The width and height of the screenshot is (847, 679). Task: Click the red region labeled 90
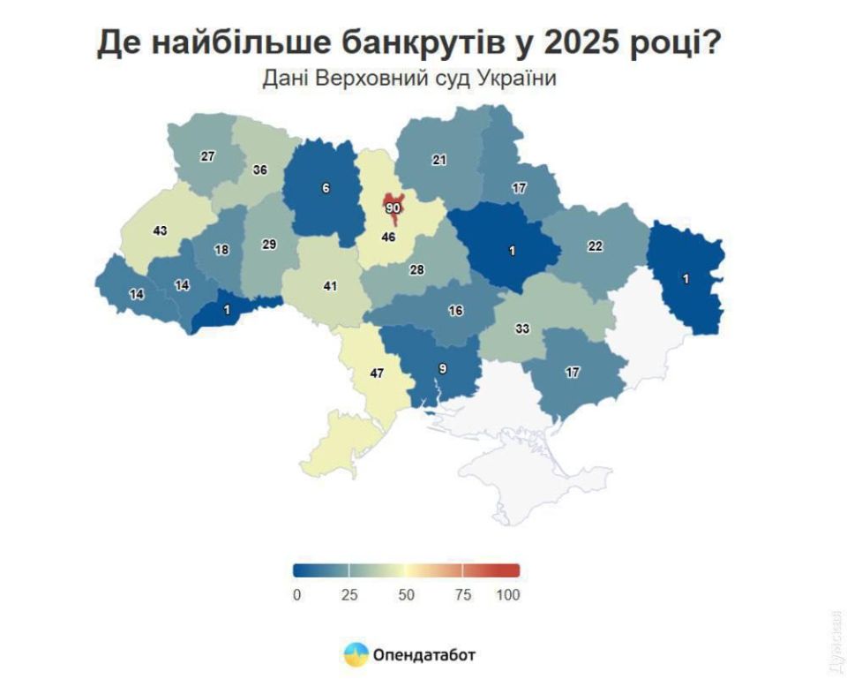coord(393,207)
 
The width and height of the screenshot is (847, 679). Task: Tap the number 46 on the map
coord(387,238)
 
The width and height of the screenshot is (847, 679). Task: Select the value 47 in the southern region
coord(377,373)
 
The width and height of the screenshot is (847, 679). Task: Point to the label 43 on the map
coord(160,230)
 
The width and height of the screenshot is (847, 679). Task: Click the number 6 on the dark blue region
coord(326,188)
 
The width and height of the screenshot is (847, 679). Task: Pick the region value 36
coord(260,170)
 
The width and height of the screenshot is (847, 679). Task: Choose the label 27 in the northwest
coord(207,156)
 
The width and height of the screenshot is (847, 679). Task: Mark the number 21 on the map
coord(439,160)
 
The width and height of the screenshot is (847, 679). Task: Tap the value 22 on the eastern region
coord(596,246)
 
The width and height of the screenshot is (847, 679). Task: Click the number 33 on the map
coord(522,328)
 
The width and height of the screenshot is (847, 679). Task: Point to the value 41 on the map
coord(330,286)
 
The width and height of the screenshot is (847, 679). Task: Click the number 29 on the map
coord(269,245)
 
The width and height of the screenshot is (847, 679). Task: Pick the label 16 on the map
coord(455,311)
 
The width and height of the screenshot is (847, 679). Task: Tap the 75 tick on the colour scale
coord(463,595)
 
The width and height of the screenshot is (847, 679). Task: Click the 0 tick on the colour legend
coord(296,595)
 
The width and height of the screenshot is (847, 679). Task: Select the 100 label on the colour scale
coord(508,595)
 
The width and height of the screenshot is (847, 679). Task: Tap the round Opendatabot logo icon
coord(356,654)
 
